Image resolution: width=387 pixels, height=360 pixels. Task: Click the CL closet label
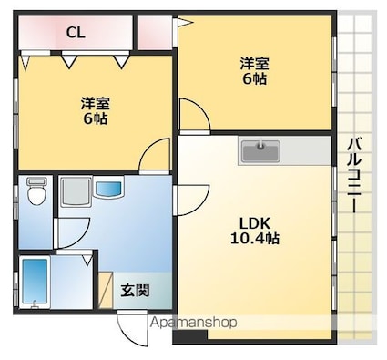tap(76, 33)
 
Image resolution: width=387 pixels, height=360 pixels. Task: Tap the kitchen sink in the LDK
tap(261, 149)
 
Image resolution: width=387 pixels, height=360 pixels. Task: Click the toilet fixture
tap(36, 193)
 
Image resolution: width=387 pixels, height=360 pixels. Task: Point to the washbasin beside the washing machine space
tap(108, 190)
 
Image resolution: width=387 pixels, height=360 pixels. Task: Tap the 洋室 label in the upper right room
tap(255, 63)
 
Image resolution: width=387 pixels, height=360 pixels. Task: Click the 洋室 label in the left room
tap(94, 102)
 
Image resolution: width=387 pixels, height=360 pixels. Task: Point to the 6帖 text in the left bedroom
tap(94, 118)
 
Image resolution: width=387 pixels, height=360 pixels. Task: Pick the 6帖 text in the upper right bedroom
tap(255, 79)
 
